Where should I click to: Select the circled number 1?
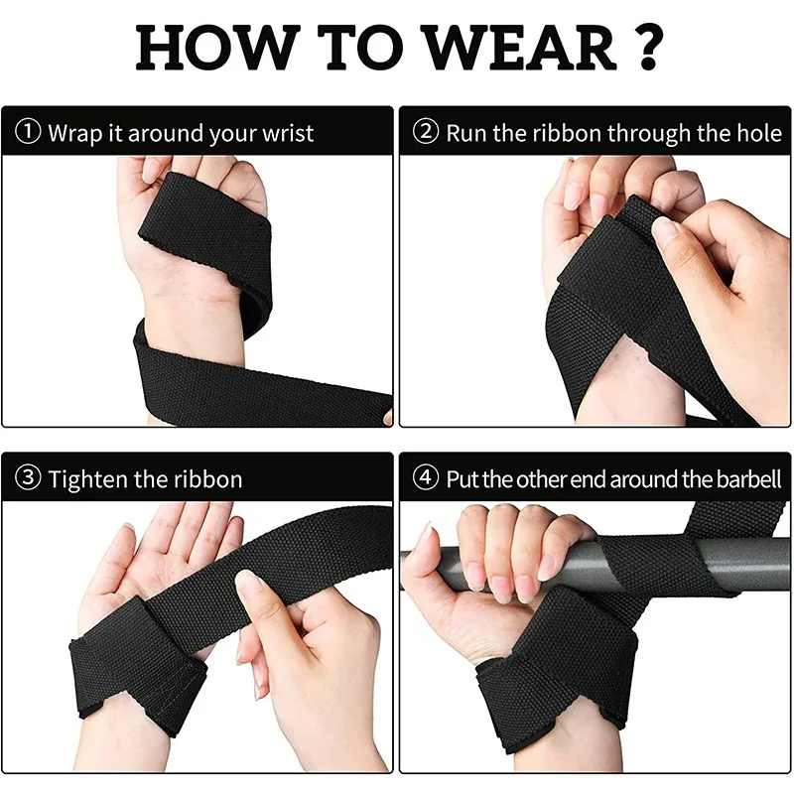click(x=28, y=132)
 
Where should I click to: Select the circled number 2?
click(x=426, y=132)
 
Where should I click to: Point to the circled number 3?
click(x=28, y=478)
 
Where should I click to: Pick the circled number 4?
click(x=426, y=478)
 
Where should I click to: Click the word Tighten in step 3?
click(x=87, y=478)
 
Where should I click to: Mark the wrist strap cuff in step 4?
click(x=556, y=675)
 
